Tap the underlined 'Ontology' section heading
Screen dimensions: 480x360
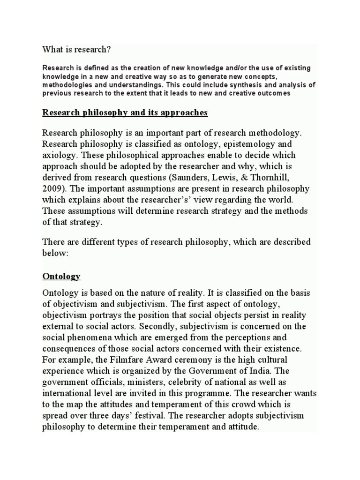[61, 276]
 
